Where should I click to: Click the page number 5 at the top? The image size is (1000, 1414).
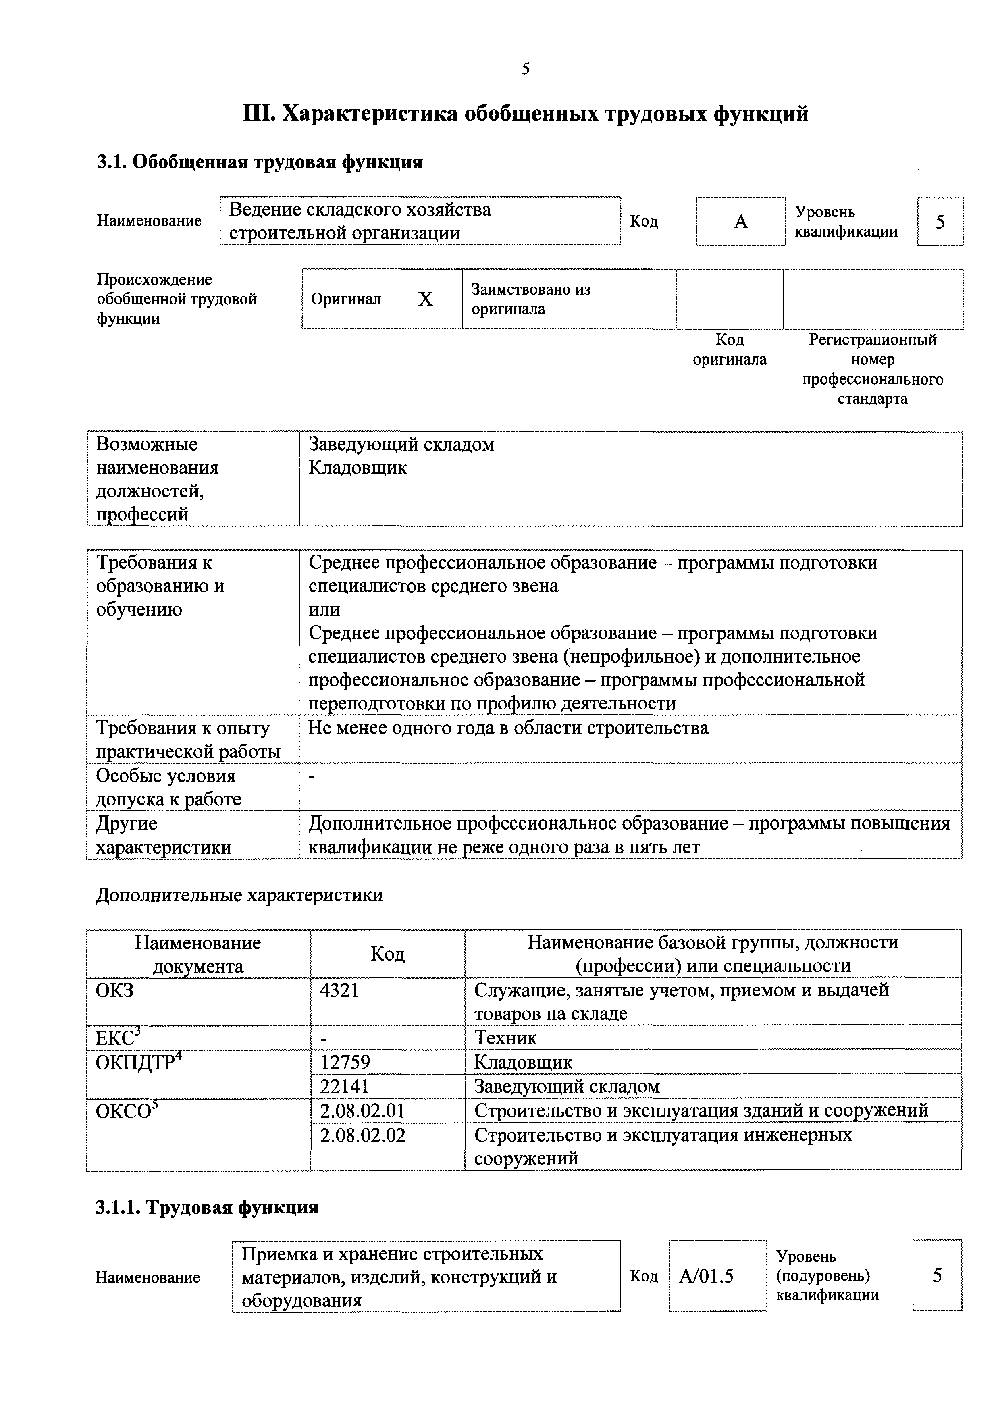525,69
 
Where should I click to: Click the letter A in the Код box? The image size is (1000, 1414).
741,222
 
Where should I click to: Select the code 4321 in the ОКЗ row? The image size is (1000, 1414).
339,990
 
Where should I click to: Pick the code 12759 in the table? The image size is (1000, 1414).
345,1062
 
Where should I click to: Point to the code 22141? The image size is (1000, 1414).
345,1086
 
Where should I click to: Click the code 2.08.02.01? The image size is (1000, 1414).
362,1110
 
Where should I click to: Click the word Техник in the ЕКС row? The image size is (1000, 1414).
505,1038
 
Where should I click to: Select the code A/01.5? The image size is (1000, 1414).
706,1275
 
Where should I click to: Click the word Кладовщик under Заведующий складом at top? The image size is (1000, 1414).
358,468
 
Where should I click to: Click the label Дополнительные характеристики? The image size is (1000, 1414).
239,895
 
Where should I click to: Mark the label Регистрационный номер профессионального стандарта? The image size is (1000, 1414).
873,369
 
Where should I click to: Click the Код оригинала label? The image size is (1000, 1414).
730,349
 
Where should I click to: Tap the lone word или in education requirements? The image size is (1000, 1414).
324,610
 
